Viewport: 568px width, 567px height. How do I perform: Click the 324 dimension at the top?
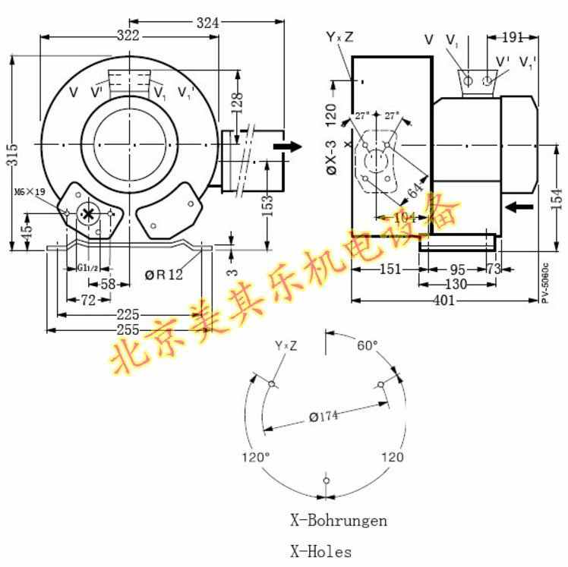[x=207, y=23]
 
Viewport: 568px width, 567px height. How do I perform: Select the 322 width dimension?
[x=130, y=36]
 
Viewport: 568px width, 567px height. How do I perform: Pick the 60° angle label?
[x=367, y=346]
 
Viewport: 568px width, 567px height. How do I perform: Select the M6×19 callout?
[x=29, y=192]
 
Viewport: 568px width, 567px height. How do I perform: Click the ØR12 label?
[x=164, y=275]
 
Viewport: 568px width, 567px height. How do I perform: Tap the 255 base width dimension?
[x=129, y=329]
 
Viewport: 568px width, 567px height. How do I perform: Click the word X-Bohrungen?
[x=338, y=521]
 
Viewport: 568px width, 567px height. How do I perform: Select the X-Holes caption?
[x=321, y=552]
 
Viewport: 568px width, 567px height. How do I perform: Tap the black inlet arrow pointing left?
[x=519, y=206]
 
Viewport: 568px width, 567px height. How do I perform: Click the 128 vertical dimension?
[x=237, y=99]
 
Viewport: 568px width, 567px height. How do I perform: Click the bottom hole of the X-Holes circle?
[x=326, y=480]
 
